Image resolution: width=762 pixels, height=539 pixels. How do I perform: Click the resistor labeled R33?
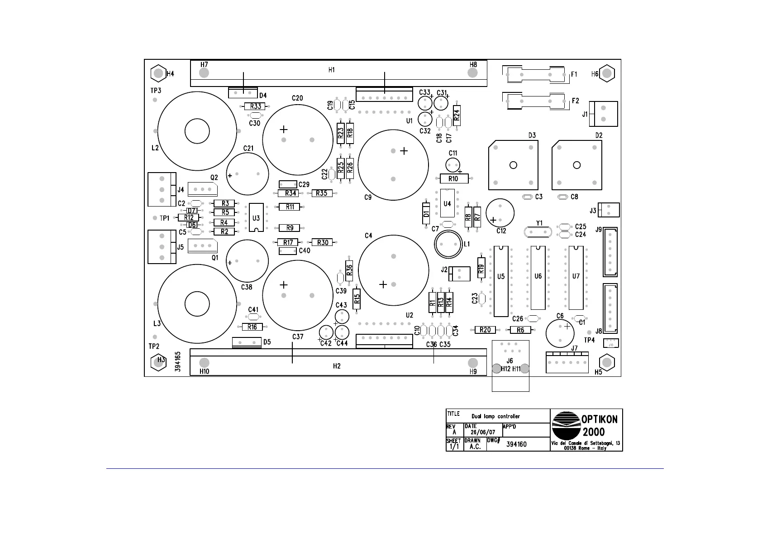pyautogui.click(x=255, y=106)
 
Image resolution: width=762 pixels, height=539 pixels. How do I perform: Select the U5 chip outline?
pyautogui.click(x=501, y=281)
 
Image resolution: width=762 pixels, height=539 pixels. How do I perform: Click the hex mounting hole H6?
pyautogui.click(x=607, y=73)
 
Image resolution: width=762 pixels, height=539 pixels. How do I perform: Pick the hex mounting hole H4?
pyautogui.click(x=157, y=73)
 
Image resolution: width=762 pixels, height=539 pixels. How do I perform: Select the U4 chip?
pyautogui.click(x=447, y=204)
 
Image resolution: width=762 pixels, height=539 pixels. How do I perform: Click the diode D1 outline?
pyautogui.click(x=426, y=213)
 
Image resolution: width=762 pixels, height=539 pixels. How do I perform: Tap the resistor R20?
pyautogui.click(x=485, y=330)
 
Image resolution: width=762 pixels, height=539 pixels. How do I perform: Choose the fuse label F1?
pyautogui.click(x=574, y=74)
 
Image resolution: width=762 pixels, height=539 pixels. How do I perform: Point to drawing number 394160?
pyautogui.click(x=516, y=444)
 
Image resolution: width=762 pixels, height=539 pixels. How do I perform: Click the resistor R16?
pyautogui.click(x=252, y=327)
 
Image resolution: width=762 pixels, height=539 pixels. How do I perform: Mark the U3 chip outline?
pyautogui.click(x=256, y=218)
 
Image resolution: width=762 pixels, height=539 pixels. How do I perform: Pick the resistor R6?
pyautogui.click(x=520, y=330)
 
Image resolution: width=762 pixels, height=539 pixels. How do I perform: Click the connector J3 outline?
pyautogui.click(x=609, y=210)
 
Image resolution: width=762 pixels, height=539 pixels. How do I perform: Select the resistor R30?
pyautogui.click(x=323, y=243)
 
